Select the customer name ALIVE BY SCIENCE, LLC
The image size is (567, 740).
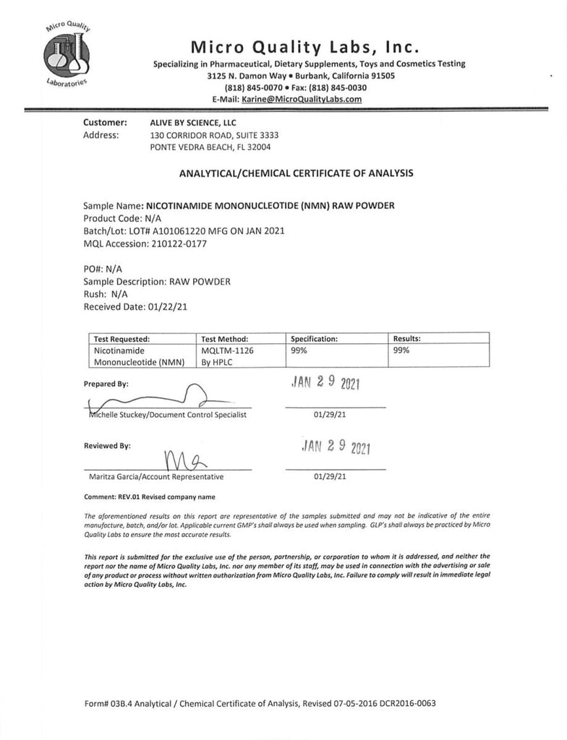point(193,123)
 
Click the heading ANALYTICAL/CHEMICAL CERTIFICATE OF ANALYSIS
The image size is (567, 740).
point(296,173)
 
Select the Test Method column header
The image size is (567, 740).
point(225,337)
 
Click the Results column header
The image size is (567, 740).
point(406,337)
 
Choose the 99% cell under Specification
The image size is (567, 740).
point(299,350)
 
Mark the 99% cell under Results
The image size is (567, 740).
point(401,350)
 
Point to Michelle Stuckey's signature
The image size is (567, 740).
point(145,399)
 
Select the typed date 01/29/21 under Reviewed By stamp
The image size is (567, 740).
point(330,477)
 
